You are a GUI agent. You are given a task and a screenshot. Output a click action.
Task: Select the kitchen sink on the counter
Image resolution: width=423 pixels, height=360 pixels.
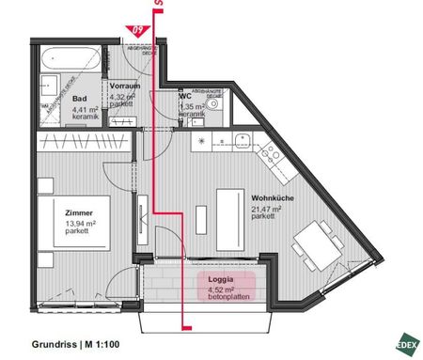coord(242,142)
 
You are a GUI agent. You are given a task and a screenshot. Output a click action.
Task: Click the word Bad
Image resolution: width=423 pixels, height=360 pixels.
coord(81,97)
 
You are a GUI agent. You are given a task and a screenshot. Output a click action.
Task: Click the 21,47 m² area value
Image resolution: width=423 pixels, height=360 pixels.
coord(266,207)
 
